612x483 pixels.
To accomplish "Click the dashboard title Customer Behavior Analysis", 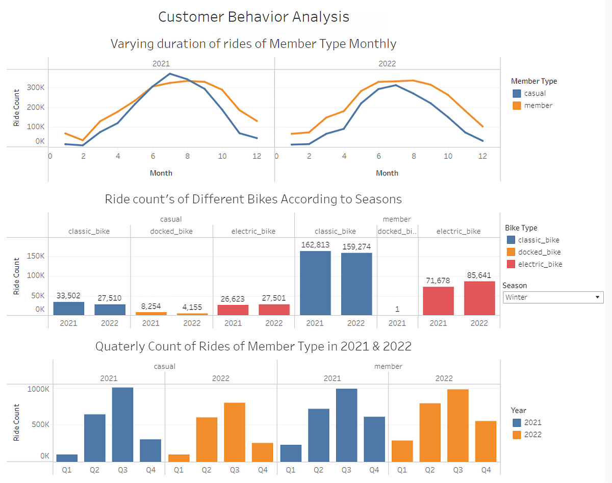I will click(253, 16).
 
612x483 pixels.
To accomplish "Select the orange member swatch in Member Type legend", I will click(517, 106).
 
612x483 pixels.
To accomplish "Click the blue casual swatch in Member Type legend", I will click(517, 93).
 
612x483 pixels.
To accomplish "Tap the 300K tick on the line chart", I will click(36, 87).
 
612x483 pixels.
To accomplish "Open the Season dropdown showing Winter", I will click(553, 297).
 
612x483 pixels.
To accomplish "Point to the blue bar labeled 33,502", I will click(68, 309).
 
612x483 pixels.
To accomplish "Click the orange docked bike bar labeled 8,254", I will click(151, 314).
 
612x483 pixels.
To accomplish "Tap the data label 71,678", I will click(438, 281).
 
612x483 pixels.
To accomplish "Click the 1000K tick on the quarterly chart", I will click(38, 389).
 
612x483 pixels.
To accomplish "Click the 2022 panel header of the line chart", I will click(387, 64).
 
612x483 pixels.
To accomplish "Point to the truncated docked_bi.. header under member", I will click(397, 231).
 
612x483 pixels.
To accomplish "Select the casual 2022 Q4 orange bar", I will click(262, 452).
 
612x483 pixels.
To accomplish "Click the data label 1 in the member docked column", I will click(397, 309).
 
